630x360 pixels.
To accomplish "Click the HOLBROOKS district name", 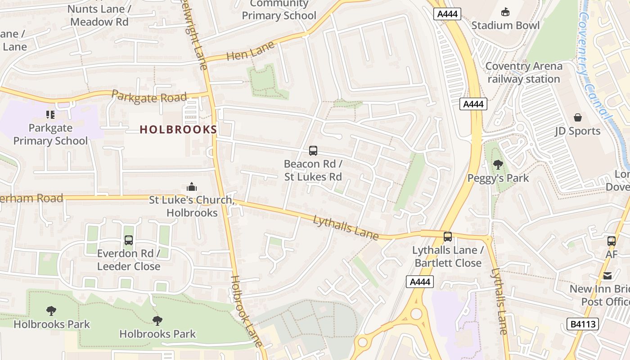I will [x=178, y=130].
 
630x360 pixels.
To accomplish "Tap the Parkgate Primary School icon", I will [x=50, y=115].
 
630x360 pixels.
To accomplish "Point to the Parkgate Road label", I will [x=149, y=96].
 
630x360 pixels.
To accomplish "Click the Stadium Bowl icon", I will [x=505, y=12].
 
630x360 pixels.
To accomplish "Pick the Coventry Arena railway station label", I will [x=524, y=72].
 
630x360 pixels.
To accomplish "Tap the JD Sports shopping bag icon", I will [x=578, y=118].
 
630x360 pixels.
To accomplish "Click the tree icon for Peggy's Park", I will [x=498, y=165].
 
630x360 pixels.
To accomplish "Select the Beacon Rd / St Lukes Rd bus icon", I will [x=313, y=151].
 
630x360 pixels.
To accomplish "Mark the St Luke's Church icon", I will [x=192, y=187].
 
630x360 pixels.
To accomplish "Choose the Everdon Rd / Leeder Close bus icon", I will [x=129, y=240].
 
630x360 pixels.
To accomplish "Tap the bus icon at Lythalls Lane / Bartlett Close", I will [x=448, y=237].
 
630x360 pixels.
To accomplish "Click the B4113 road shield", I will [x=582, y=324].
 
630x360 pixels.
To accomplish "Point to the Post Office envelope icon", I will [x=607, y=276].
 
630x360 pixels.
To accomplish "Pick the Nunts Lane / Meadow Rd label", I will [x=99, y=15].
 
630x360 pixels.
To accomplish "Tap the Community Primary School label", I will [x=279, y=10].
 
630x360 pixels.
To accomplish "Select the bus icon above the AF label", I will [x=611, y=241].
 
